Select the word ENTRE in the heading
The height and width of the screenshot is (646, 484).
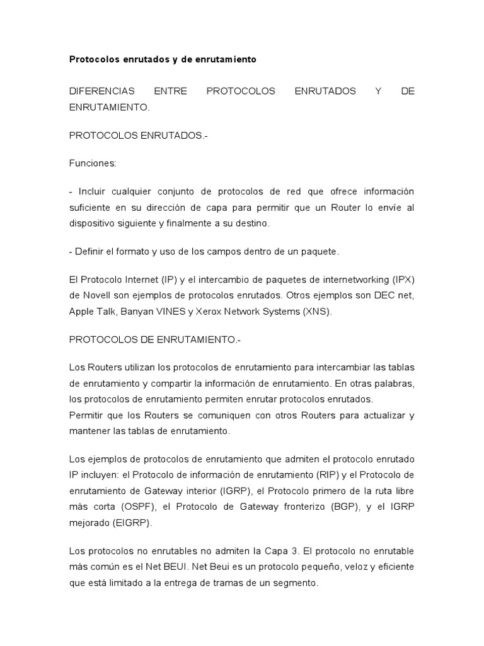pos(170,91)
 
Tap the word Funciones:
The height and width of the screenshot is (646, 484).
pos(93,163)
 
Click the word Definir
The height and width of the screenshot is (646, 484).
pos(90,252)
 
